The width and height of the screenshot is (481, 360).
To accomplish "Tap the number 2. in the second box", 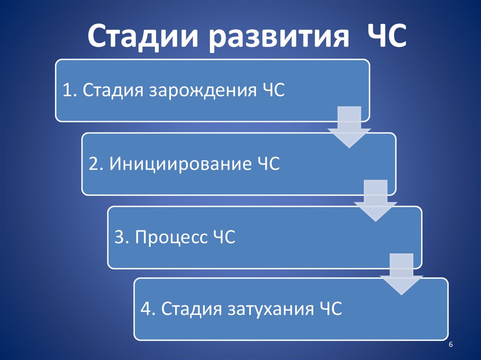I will click(x=96, y=164).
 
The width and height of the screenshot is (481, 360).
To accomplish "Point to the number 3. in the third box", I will click(x=122, y=237).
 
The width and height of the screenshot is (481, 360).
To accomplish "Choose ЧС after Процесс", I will click(x=223, y=237).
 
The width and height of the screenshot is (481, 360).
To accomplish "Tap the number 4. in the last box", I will click(x=148, y=310).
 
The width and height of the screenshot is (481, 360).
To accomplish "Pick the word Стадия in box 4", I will click(x=191, y=310).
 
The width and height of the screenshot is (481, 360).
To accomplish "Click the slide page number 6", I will click(x=451, y=345).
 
